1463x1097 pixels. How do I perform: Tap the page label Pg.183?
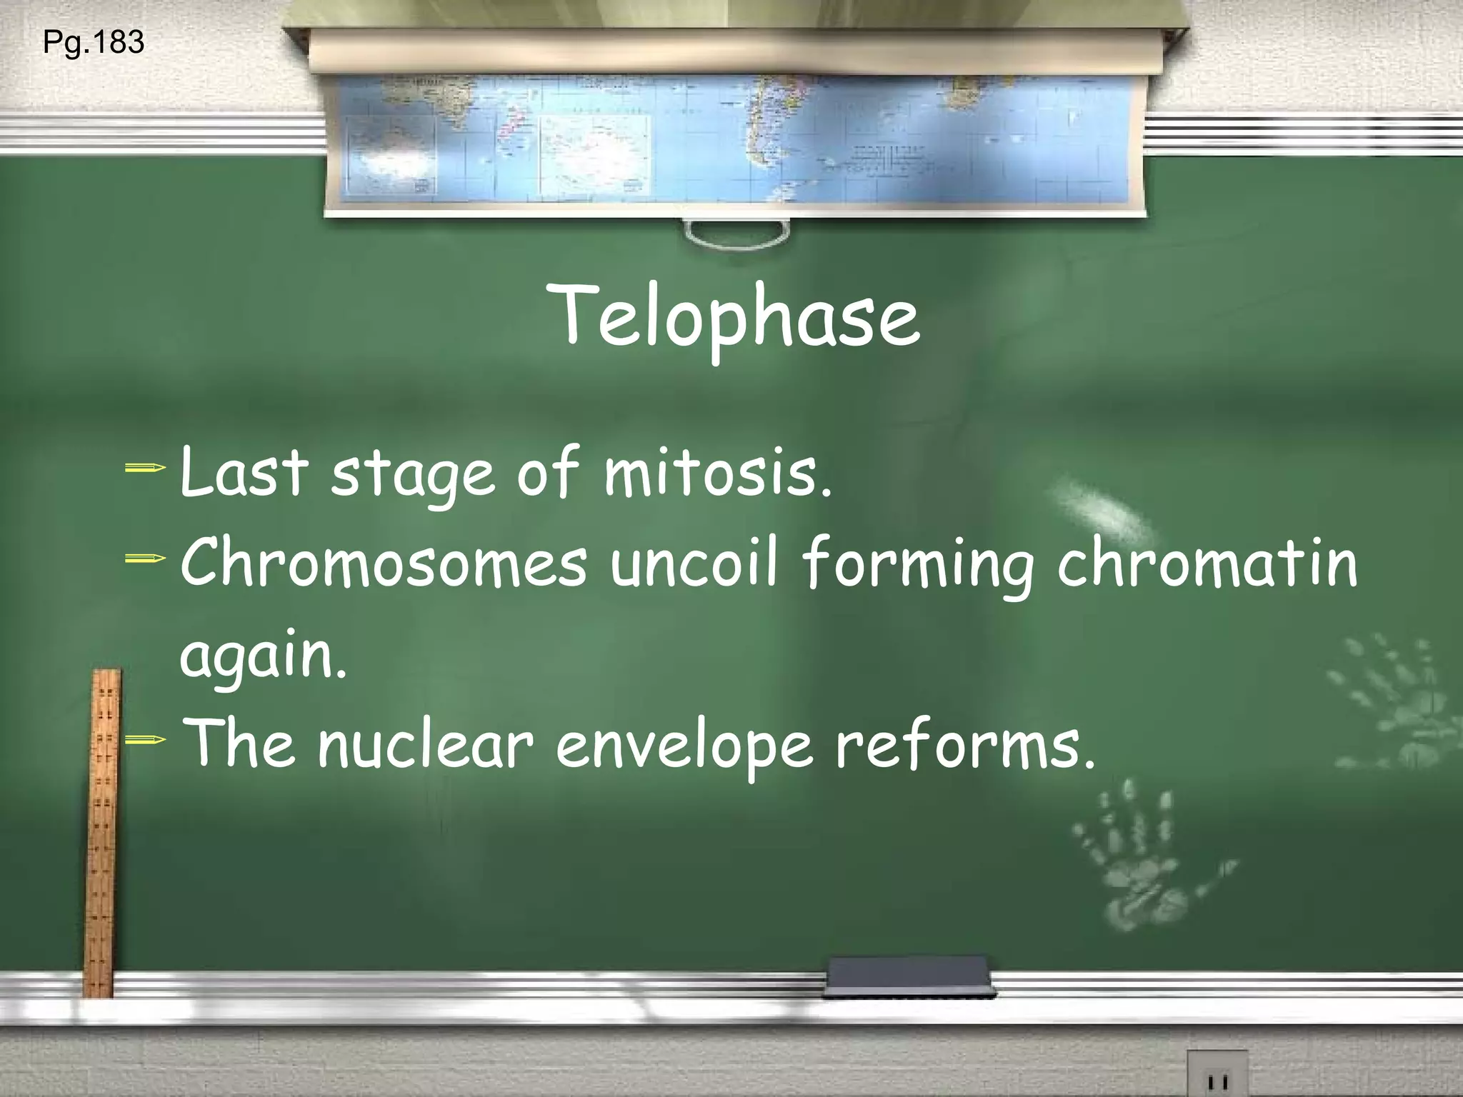click(94, 43)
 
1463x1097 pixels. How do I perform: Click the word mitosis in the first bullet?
click(718, 473)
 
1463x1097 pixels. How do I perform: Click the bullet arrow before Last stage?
click(145, 469)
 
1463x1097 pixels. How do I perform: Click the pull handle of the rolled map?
click(736, 233)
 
